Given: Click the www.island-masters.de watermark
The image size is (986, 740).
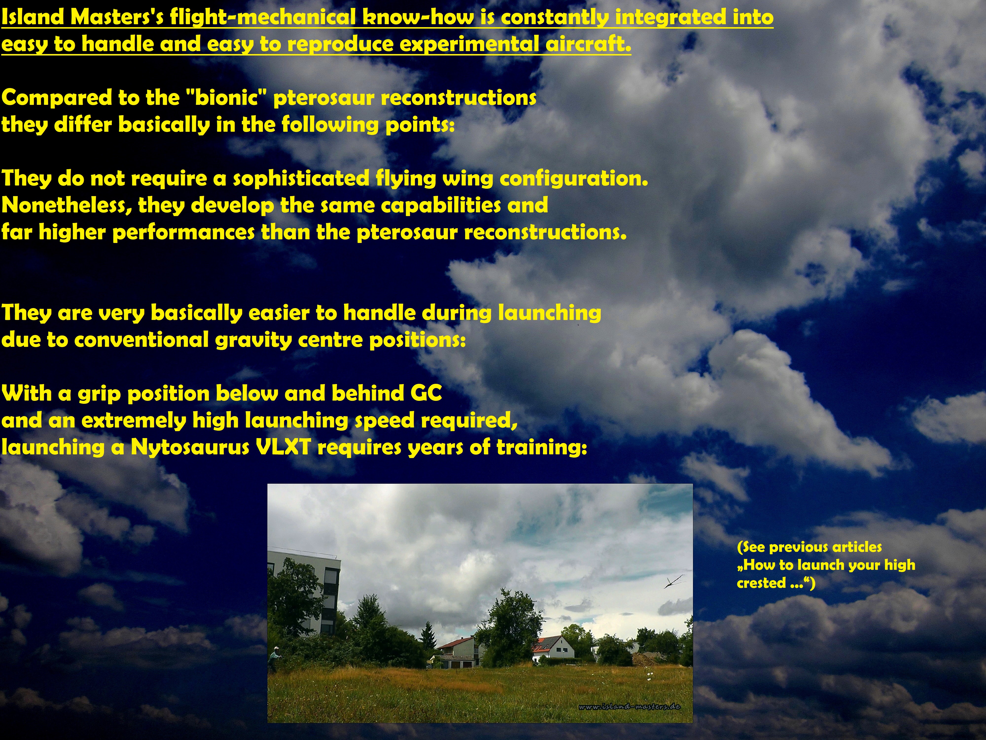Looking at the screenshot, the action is click(629, 706).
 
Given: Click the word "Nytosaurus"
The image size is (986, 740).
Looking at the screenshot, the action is click(190, 447).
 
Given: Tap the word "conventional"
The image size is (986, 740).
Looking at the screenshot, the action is click(141, 340).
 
